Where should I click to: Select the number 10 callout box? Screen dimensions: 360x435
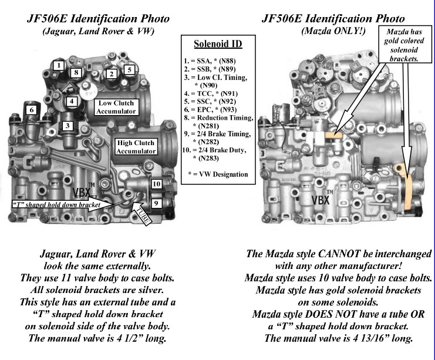156,184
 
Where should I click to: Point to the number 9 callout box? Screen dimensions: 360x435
156,203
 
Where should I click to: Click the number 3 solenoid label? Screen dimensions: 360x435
68,125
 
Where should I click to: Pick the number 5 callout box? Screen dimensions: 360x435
129,69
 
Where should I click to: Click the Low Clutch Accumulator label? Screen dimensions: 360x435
115,107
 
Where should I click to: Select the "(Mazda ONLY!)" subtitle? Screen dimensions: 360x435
333,31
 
